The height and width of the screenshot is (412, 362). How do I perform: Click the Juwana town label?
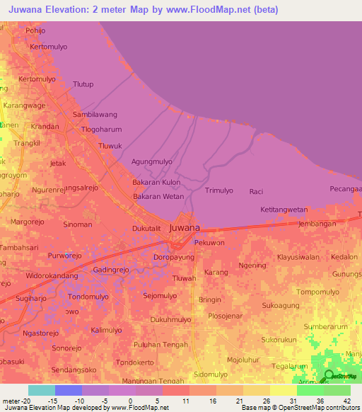(x=185, y=227)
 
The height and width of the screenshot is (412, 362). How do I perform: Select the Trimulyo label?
(x=218, y=191)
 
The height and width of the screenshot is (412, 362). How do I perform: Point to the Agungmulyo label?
(x=152, y=161)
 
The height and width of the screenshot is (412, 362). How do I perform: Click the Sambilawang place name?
(x=95, y=114)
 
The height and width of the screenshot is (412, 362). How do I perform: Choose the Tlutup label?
(x=83, y=84)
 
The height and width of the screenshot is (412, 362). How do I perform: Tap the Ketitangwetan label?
(x=284, y=210)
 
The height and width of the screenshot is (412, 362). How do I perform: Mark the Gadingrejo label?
(x=113, y=270)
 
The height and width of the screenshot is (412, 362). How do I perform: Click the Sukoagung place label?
(x=281, y=306)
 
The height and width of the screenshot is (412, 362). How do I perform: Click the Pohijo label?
(x=35, y=31)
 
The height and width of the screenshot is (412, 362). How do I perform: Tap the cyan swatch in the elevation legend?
(x=41, y=390)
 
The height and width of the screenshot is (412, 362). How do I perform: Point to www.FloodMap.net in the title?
(x=212, y=9)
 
